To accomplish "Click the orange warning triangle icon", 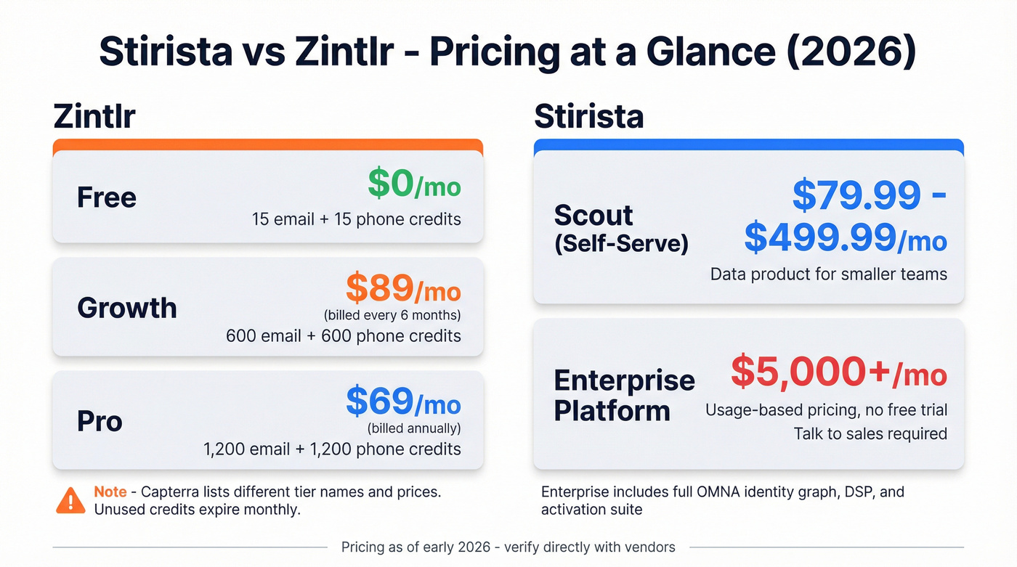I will click(70, 500).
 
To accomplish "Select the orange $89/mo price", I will click(403, 290).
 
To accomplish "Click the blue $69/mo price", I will click(403, 402).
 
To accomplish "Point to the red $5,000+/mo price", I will click(838, 372).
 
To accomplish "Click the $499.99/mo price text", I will click(846, 238).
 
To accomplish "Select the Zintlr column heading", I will click(94, 116).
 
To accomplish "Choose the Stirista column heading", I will click(588, 116).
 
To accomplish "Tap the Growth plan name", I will click(127, 308).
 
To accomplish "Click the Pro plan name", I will click(100, 421).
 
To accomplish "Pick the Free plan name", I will click(107, 197).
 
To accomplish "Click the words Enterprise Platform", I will click(624, 396).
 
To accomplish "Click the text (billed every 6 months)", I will click(392, 315).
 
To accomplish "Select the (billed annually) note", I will click(414, 428).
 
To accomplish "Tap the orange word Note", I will click(110, 492).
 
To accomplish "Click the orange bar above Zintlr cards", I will click(267, 144).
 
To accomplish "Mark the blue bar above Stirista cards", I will click(748, 144).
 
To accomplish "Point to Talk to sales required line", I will click(870, 434).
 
